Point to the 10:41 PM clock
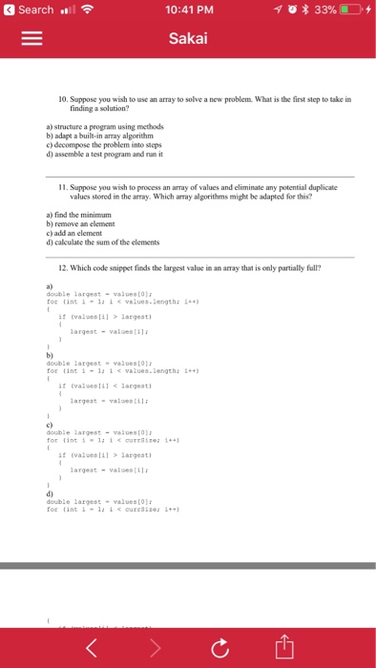[x=187, y=10]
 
